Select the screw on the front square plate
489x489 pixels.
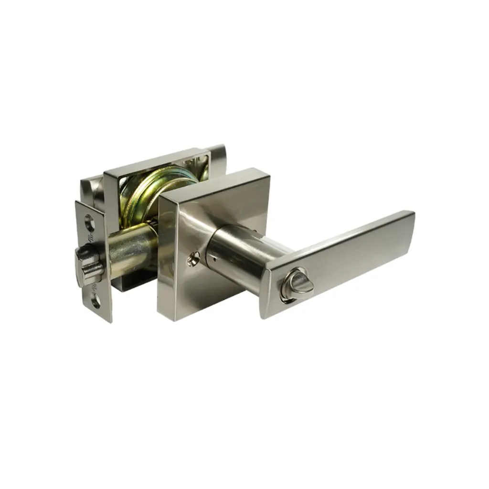click(193, 259)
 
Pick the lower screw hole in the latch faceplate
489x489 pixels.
click(96, 300)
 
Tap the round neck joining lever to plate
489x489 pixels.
click(234, 253)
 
